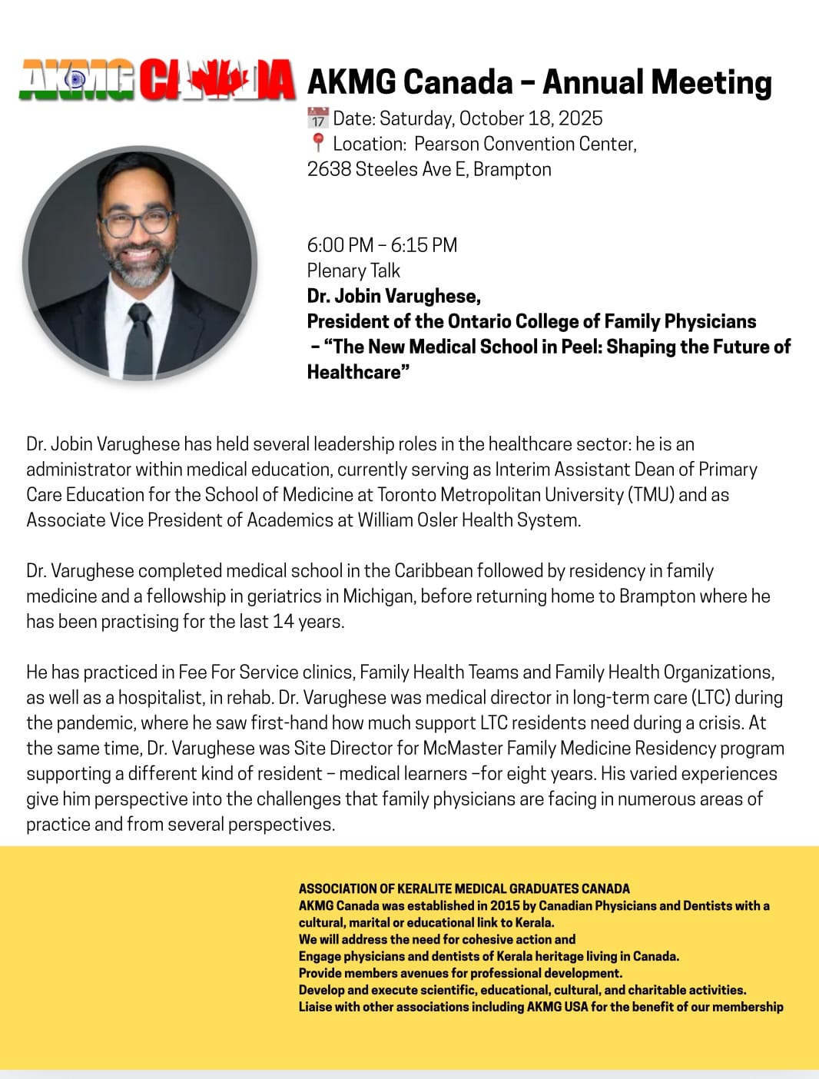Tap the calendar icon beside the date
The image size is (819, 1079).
click(x=317, y=118)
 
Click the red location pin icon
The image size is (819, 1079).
click(x=317, y=143)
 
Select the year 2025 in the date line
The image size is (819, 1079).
click(x=580, y=118)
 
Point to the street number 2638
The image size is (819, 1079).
click(x=329, y=169)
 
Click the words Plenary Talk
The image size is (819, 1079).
click(x=353, y=271)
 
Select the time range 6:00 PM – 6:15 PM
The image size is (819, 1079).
click(x=382, y=245)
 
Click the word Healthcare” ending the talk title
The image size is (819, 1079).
click(x=358, y=372)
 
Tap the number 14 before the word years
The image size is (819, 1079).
click(x=283, y=621)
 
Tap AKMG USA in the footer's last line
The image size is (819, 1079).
click(x=557, y=1007)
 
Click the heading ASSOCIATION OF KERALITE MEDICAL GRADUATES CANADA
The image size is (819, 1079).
click(x=464, y=888)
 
